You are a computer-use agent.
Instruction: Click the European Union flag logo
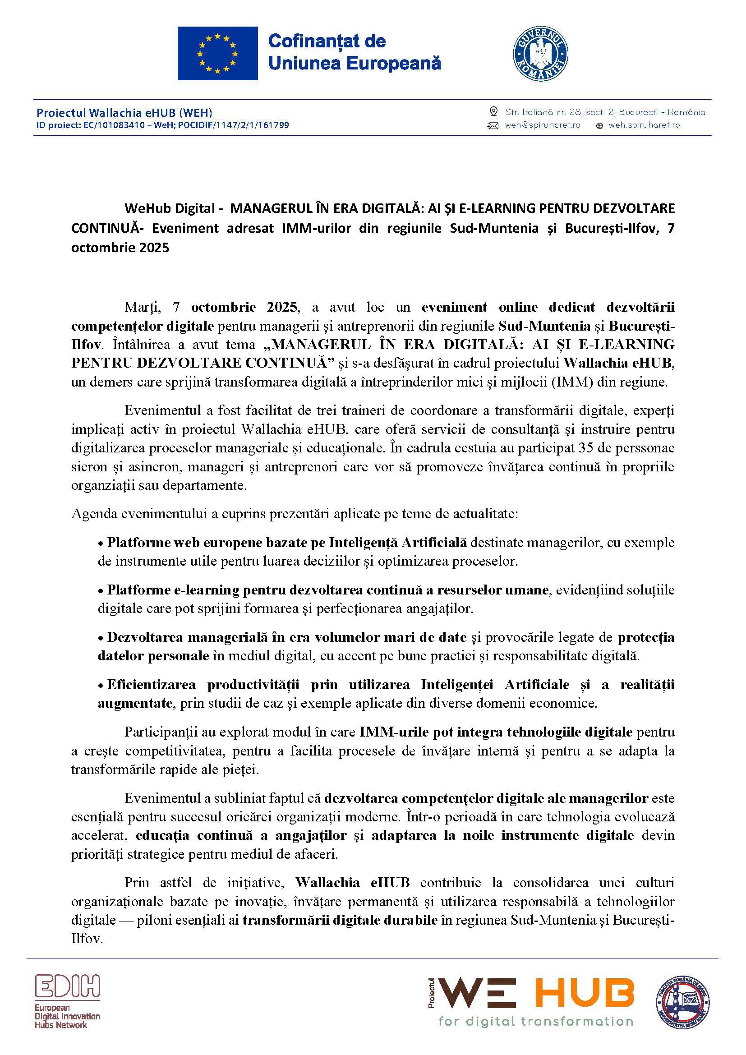pos(217,53)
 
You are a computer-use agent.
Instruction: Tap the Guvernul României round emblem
pos(540,53)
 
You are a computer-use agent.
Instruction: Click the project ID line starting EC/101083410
pos(163,125)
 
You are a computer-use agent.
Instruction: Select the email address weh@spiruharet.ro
pos(542,125)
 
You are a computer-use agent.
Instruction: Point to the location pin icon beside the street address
pos(493,112)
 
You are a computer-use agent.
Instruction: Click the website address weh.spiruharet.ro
pos(644,125)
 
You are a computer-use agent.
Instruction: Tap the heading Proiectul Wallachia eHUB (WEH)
pos(124,112)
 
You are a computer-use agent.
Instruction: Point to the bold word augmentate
pos(135,703)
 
